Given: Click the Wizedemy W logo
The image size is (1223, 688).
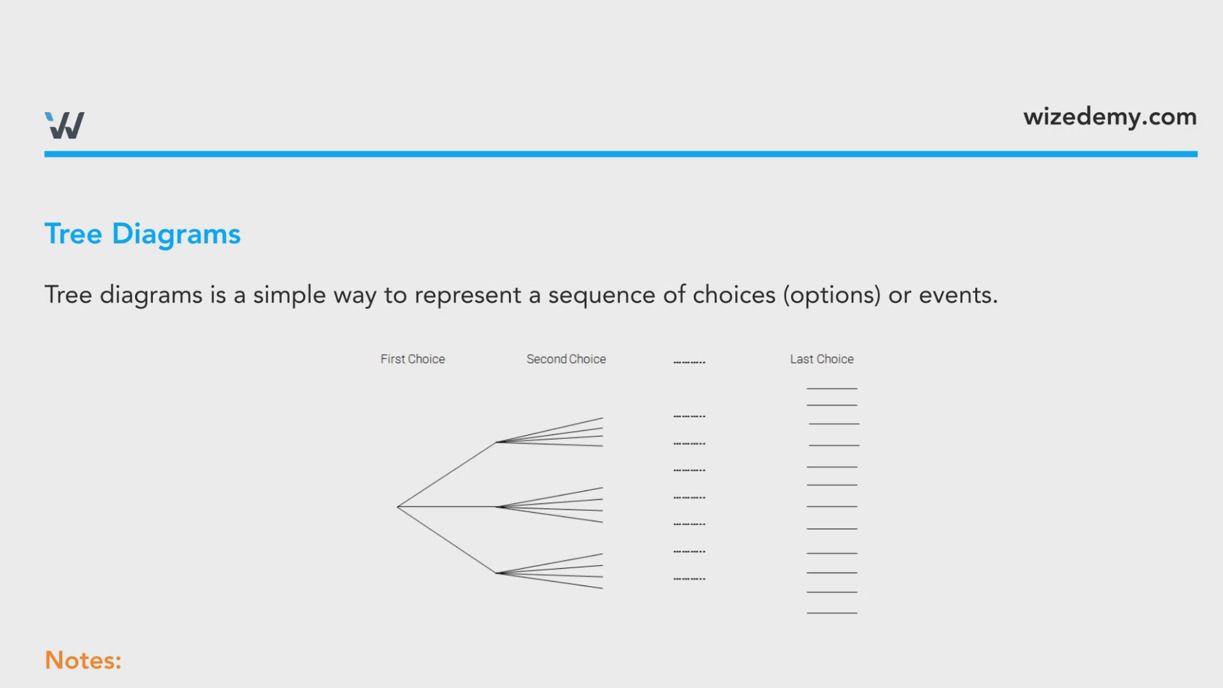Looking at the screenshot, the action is coord(64,125).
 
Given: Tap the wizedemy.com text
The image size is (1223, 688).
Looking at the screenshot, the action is coord(1110,117).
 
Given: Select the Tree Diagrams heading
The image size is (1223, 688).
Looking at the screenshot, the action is coord(143,234).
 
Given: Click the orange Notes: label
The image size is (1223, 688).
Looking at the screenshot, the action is coord(83,660).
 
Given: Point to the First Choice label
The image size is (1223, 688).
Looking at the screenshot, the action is coord(413,359).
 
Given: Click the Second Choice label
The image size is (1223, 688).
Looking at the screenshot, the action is coord(566,359).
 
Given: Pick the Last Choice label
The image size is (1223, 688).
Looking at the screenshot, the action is coord(822,359).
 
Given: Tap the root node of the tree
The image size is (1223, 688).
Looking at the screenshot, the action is coord(397,507).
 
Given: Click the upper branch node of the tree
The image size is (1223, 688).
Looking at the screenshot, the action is coord(496,442).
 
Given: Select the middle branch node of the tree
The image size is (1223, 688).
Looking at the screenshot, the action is coord(496,507).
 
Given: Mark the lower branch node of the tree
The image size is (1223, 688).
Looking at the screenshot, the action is coord(496,573).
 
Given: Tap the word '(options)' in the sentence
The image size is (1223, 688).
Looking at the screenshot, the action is coord(832,295).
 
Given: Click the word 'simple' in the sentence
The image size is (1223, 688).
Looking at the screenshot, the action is coord(290,296).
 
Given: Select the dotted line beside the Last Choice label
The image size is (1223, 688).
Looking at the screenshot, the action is coord(689,362).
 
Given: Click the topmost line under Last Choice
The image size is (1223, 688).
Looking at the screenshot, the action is coord(832,388).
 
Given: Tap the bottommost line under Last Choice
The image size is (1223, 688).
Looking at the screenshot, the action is coord(832,613).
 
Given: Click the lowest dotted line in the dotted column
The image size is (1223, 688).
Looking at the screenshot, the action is coord(689,578).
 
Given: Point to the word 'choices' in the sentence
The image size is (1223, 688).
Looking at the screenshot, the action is coord(734,295).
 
